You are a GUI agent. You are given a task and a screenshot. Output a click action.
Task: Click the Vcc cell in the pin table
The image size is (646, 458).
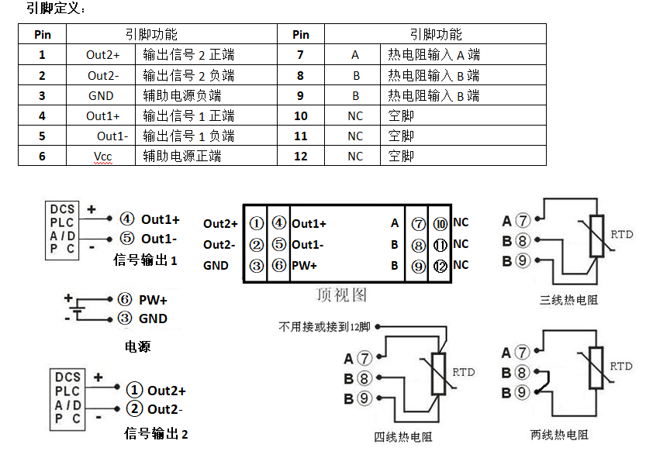click(103, 156)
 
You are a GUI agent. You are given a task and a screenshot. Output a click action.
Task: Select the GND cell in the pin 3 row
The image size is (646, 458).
click(101, 95)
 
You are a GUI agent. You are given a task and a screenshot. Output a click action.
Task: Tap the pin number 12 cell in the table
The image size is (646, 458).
click(301, 156)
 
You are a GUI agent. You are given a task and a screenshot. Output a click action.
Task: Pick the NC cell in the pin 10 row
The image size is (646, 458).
click(354, 115)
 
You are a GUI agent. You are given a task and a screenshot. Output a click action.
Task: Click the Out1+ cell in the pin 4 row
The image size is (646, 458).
click(103, 115)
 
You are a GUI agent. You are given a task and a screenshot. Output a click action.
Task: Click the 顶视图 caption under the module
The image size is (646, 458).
click(341, 294)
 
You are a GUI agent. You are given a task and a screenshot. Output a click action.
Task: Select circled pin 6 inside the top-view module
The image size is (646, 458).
click(279, 265)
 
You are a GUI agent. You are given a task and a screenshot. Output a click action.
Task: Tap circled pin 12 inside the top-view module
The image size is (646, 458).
click(440, 266)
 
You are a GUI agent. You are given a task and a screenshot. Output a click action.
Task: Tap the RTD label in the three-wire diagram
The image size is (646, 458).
click(621, 234)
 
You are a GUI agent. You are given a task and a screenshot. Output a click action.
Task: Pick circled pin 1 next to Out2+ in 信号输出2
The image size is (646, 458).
click(135, 390)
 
